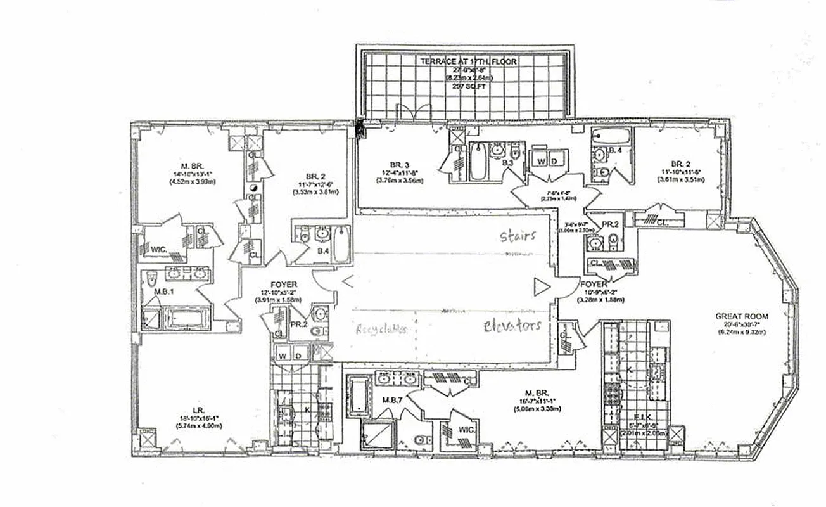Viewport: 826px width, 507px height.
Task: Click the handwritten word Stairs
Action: (x=518, y=236)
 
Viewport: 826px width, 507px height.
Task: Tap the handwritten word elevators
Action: (x=512, y=326)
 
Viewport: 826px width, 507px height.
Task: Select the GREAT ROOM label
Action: (x=742, y=316)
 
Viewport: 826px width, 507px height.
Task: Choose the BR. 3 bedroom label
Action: (x=397, y=164)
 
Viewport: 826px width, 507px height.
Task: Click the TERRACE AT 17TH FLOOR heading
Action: (x=468, y=62)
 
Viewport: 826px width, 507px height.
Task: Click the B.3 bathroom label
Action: (x=508, y=163)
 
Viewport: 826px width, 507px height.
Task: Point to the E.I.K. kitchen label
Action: (x=642, y=416)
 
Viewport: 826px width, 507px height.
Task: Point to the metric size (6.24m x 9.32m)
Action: (x=742, y=331)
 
